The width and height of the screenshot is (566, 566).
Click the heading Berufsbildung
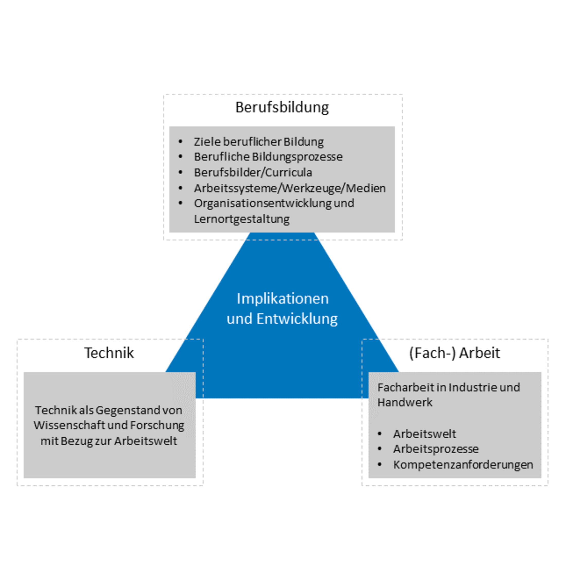coord(282,107)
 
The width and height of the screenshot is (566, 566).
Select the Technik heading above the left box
coord(109,353)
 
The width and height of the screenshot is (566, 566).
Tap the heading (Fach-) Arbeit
coord(454,353)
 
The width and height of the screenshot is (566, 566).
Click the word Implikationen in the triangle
coord(282,299)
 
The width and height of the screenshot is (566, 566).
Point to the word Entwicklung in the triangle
coord(297,319)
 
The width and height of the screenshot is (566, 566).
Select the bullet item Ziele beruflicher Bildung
coord(259,142)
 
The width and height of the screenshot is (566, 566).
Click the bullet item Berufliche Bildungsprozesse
coord(268,157)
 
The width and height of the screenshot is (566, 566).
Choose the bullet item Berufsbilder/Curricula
coord(253,173)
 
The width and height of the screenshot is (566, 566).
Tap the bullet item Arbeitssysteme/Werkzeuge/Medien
coord(290,188)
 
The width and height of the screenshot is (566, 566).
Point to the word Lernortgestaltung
coord(242,219)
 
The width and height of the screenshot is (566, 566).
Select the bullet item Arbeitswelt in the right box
coord(424,434)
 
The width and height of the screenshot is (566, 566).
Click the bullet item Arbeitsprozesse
coord(436,449)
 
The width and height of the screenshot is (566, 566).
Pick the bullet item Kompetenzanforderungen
coord(463,465)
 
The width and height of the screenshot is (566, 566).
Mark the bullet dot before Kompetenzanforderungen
coord(380,465)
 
